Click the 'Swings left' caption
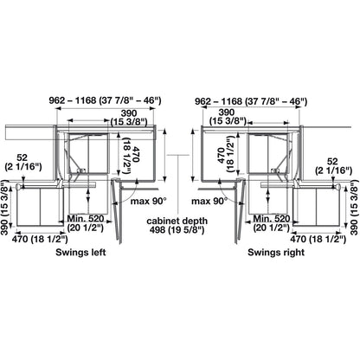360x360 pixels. [x=80, y=253]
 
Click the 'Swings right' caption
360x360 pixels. [x=276, y=253]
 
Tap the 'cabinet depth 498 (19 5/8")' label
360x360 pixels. [x=177, y=225]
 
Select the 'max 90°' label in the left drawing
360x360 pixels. [x=149, y=201]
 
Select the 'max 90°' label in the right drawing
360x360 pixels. [x=209, y=201]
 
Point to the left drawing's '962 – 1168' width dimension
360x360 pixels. [x=105, y=100]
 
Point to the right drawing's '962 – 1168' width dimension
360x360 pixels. [x=251, y=101]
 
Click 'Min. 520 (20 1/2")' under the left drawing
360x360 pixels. [x=86, y=223]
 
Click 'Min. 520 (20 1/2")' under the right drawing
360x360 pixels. [x=271, y=223]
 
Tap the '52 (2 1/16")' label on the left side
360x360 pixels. [x=23, y=162]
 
